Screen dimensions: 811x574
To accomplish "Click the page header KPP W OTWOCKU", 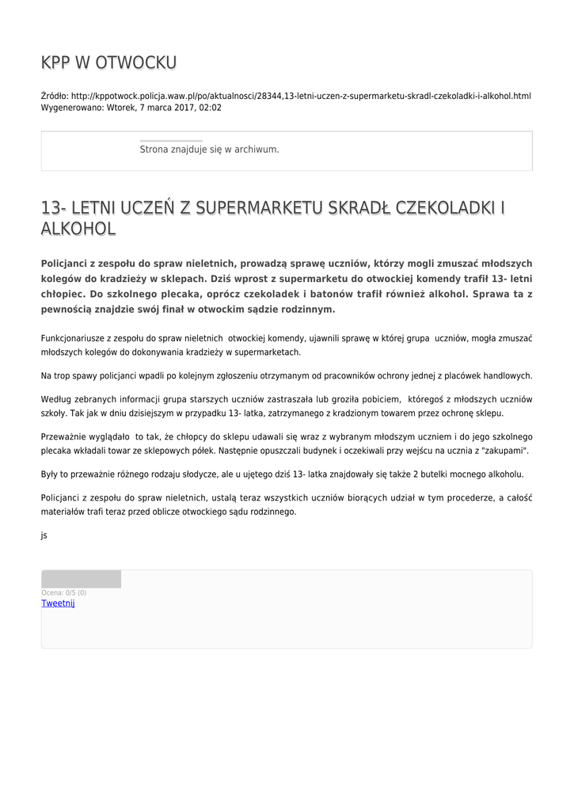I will coord(108,63).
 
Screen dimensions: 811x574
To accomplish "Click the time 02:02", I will coord(211,107).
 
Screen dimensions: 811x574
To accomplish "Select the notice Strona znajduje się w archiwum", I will coord(209,149).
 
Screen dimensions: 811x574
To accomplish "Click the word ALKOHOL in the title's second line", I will coord(78,229).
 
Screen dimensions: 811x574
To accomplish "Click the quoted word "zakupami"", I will coord(504,451).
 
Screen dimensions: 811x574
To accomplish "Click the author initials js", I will coord(44,535).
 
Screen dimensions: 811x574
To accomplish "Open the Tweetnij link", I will coord(58,603).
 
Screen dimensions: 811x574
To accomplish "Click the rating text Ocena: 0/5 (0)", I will coord(64,592).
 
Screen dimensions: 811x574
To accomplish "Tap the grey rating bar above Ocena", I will coord(81,579).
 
